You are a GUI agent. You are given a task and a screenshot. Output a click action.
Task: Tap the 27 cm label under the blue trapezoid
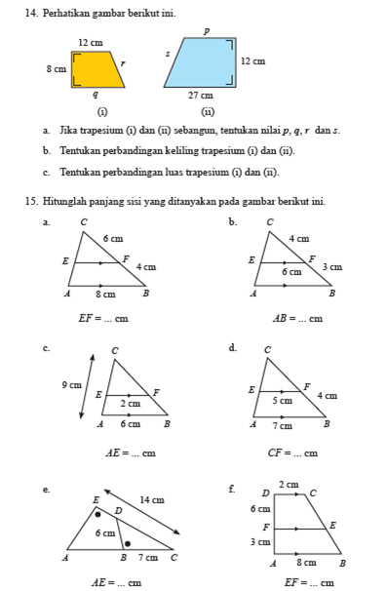pos(201,96)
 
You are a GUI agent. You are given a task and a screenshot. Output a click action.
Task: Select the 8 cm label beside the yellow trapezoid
pos(56,69)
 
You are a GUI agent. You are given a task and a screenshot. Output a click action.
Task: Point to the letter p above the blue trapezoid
pos(206,31)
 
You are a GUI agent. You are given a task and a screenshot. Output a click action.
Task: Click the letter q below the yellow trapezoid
pos(95,95)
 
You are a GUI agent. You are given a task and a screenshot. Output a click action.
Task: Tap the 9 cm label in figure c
pos(71,384)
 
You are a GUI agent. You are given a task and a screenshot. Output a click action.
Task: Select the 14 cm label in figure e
pos(151,499)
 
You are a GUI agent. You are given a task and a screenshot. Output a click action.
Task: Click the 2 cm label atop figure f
pos(288,485)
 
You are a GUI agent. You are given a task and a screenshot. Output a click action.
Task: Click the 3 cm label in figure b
pos(332,266)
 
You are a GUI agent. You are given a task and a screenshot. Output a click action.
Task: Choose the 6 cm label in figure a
pos(113,239)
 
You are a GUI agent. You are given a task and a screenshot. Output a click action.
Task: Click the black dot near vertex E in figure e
pos(98,512)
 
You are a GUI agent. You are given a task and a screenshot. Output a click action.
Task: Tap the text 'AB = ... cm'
pos(296,317)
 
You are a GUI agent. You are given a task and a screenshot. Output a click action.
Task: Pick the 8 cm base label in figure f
pos(306,564)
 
